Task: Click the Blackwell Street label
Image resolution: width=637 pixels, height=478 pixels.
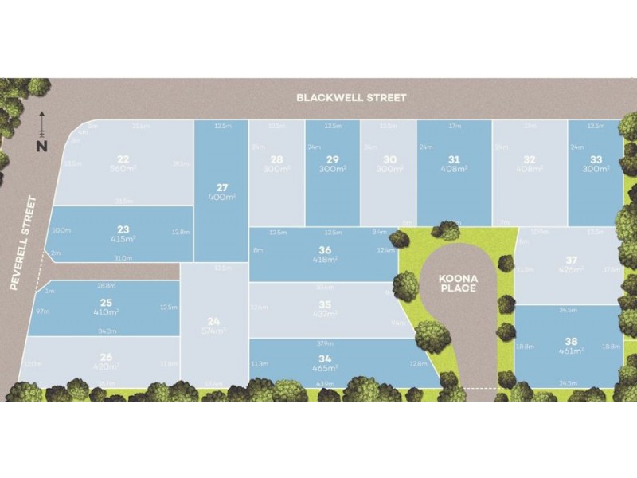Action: (x=351, y=97)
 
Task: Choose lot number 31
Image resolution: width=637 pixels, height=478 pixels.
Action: (x=455, y=159)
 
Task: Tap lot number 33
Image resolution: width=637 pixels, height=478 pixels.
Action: (x=596, y=159)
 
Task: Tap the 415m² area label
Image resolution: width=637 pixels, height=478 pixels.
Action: (x=124, y=238)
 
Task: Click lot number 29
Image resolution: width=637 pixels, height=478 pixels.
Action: (x=333, y=159)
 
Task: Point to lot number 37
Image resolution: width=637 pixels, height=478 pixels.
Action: (x=570, y=260)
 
